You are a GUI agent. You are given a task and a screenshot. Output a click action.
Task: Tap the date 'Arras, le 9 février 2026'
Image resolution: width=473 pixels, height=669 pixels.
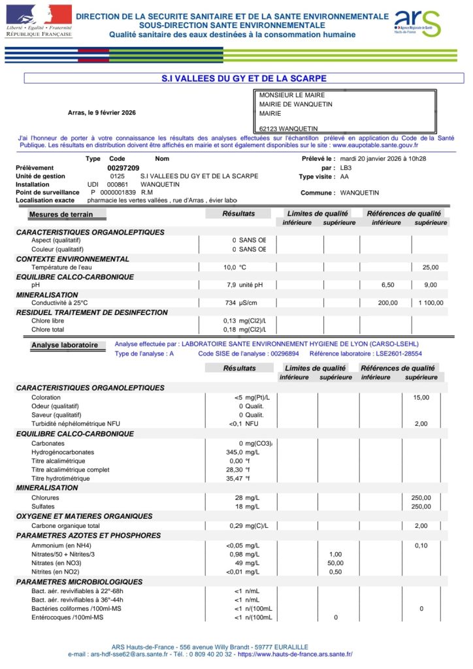(102, 112)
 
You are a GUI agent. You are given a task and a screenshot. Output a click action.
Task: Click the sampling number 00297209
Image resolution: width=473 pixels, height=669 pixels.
(123, 168)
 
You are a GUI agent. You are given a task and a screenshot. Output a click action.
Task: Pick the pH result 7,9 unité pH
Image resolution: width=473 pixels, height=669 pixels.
(244, 286)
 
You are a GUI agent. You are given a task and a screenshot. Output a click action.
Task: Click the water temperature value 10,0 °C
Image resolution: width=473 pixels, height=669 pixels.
(235, 267)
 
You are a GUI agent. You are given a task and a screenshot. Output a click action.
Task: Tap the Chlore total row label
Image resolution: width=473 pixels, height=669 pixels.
(48, 329)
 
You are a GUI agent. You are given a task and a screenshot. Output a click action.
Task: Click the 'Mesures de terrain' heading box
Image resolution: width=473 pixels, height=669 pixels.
(61, 214)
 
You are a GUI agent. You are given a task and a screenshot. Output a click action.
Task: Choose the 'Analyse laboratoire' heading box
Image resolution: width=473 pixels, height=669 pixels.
(65, 345)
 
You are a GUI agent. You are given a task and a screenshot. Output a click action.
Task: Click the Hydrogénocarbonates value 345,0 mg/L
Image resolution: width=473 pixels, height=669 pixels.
(242, 452)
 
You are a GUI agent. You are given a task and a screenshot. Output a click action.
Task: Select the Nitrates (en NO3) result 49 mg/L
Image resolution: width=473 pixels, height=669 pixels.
(247, 563)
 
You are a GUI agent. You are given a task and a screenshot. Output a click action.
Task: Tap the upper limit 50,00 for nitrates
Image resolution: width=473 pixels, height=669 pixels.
(335, 563)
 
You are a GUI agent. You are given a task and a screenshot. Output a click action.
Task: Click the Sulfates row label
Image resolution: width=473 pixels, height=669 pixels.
(43, 506)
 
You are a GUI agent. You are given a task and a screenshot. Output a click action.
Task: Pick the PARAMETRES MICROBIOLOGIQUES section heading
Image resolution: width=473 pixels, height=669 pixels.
(79, 581)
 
